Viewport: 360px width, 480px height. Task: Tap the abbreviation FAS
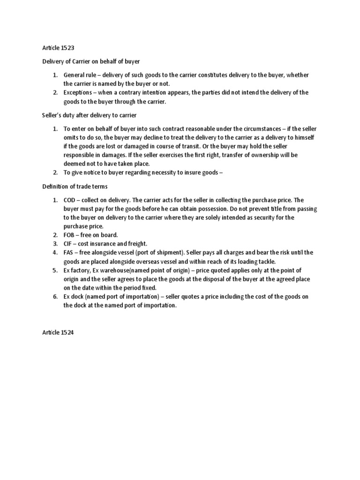[x=69, y=253]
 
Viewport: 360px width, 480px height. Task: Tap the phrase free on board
[x=101, y=234]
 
